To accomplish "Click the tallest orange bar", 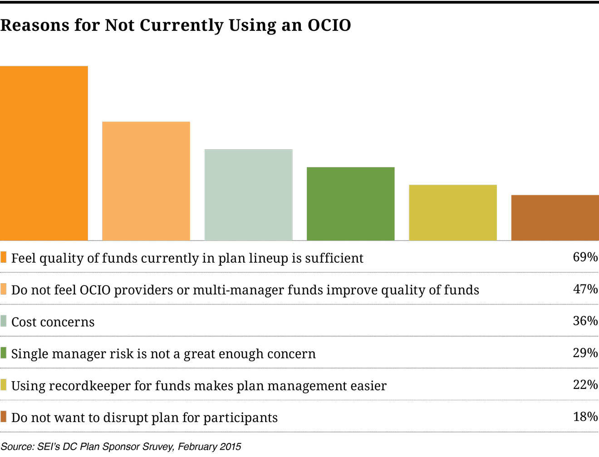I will point(44,153).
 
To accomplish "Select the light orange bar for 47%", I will point(146,181).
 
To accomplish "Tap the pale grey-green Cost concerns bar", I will point(249,195).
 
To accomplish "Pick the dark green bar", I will point(351,203).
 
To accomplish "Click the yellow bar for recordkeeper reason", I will point(453,212).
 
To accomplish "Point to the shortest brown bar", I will point(555,217).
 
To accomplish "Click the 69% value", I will point(585,257).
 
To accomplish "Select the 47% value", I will point(585,289).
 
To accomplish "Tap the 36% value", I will point(585,321).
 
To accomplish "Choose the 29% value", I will point(585,353).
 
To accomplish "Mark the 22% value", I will point(585,384).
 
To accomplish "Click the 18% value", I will point(585,416).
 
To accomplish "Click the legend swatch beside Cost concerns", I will point(4,321).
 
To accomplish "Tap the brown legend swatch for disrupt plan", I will point(4,417).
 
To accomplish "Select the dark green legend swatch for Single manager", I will point(4,353).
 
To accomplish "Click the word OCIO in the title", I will point(329,25).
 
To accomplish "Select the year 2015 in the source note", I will point(231,447).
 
